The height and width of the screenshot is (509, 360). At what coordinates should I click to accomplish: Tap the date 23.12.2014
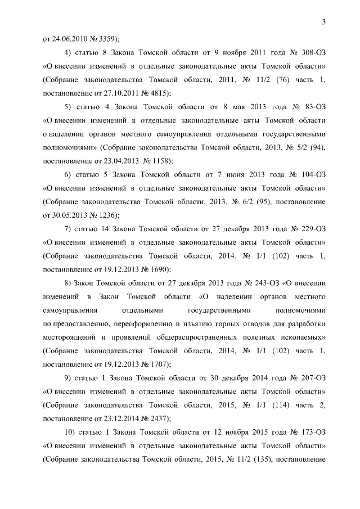click(122, 418)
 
